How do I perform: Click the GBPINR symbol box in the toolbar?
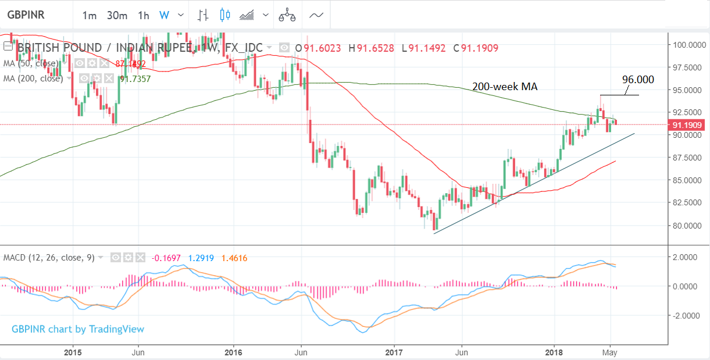pos(27,14)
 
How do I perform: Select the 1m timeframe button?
pos(89,16)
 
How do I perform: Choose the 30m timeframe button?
pos(117,16)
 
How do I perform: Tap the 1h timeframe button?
pos(144,16)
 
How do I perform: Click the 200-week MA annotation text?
pos(505,87)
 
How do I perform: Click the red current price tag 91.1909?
pos(688,124)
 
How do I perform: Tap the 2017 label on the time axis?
pos(394,352)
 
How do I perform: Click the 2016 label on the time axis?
pos(233,352)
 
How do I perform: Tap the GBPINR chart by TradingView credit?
pos(78,329)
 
